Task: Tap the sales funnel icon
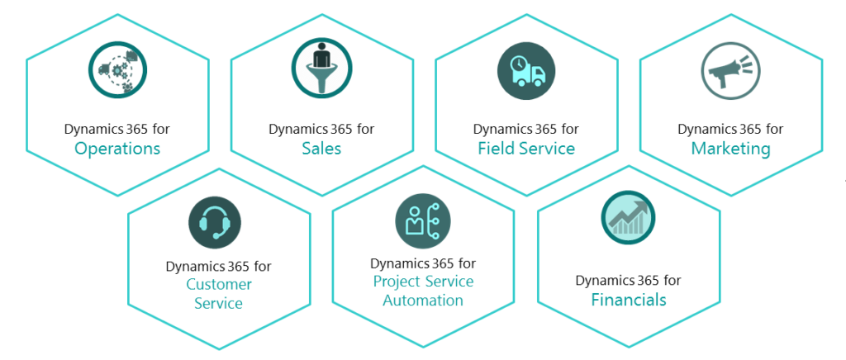pyautogui.click(x=321, y=69)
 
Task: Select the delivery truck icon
pyautogui.click(x=526, y=69)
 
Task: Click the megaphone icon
pyautogui.click(x=730, y=69)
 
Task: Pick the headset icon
pyautogui.click(x=219, y=222)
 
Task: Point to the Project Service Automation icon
pyautogui.click(x=423, y=222)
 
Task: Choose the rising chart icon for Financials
pyautogui.click(x=628, y=218)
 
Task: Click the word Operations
pyautogui.click(x=117, y=149)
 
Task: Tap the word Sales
pyautogui.click(x=321, y=149)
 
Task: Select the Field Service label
pyautogui.click(x=526, y=149)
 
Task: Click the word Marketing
pyautogui.click(x=730, y=149)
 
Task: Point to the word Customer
pyautogui.click(x=219, y=285)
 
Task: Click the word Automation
pyautogui.click(x=423, y=300)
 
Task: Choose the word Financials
pyautogui.click(x=628, y=300)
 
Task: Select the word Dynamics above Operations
pyautogui.click(x=91, y=130)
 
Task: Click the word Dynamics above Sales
pyautogui.click(x=295, y=130)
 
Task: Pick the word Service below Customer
pyautogui.click(x=219, y=303)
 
